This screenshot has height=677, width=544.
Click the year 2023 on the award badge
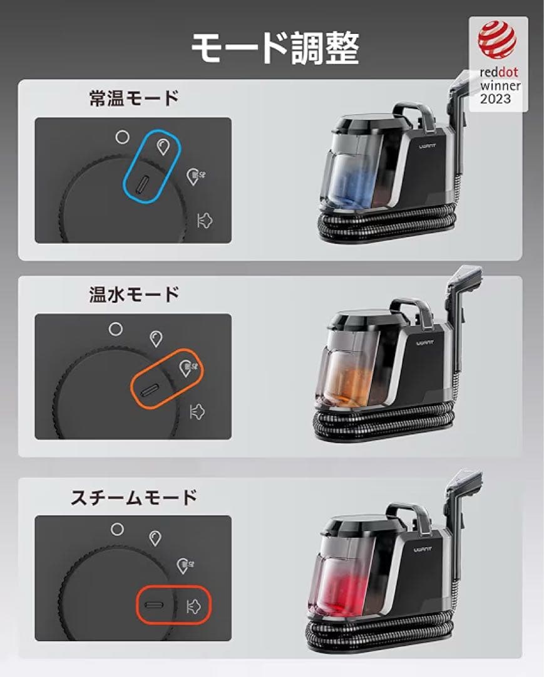tap(496, 98)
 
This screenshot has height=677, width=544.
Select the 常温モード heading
tap(134, 99)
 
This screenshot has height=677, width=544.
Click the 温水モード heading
tap(134, 295)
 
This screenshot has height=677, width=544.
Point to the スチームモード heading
tap(134, 498)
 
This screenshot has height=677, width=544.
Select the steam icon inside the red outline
tap(195, 606)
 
